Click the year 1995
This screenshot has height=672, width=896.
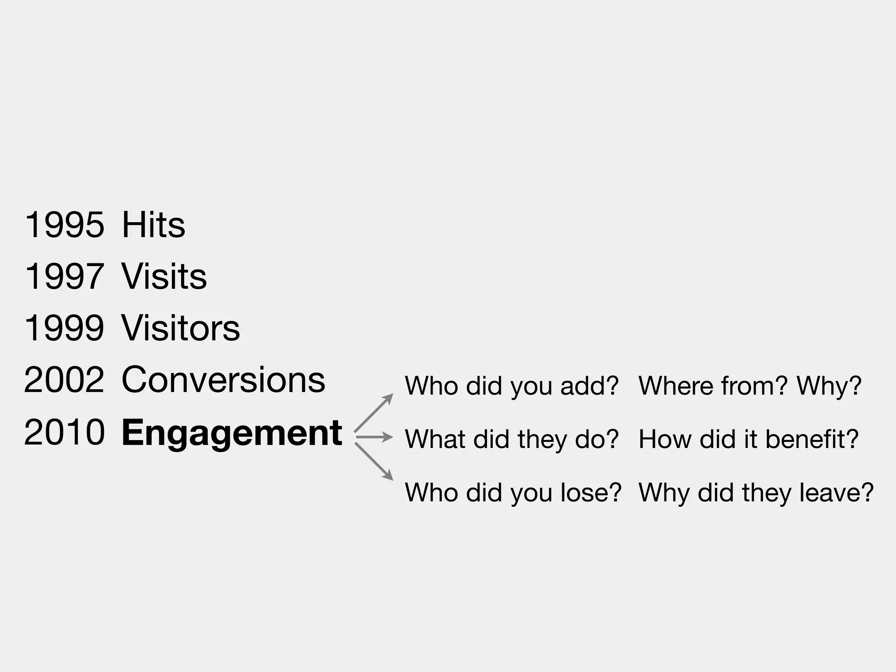(64, 225)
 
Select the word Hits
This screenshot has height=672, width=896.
(153, 225)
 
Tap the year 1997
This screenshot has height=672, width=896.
(64, 276)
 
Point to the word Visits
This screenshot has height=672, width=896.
(164, 276)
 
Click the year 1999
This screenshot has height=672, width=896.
(64, 328)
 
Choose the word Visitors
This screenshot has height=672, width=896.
(180, 328)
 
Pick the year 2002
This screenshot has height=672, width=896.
(64, 380)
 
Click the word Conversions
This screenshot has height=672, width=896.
(223, 380)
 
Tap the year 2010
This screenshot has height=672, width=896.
(64, 432)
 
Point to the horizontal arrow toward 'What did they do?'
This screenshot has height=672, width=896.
(374, 437)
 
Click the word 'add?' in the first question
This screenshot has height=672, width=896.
(589, 386)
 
